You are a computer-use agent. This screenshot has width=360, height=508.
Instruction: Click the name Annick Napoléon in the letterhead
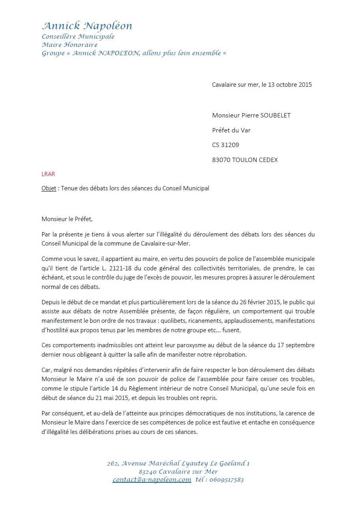coord(87,26)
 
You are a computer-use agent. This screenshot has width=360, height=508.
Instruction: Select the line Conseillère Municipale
coord(78,37)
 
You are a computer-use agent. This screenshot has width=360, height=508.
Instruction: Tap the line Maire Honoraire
coord(69,45)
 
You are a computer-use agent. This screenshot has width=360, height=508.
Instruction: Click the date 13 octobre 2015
coord(290,84)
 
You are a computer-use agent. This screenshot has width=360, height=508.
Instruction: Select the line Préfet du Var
coord(231,130)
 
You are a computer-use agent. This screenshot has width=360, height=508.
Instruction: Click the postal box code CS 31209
coord(226,145)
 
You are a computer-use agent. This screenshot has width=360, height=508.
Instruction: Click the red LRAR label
coord(48,173)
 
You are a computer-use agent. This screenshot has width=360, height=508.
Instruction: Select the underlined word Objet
coord(49,188)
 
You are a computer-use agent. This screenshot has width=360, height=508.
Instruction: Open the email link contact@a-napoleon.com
coord(152,480)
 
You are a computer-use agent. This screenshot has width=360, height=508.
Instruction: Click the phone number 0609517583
coord(227,480)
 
